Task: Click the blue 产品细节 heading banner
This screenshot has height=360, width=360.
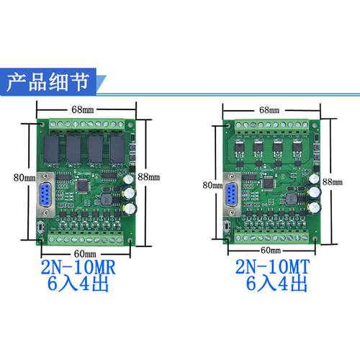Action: click(x=52, y=82)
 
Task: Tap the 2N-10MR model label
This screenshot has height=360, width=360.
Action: click(x=78, y=267)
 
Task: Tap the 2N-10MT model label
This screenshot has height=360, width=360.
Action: click(x=272, y=266)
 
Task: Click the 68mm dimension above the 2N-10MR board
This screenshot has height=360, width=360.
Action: click(x=83, y=109)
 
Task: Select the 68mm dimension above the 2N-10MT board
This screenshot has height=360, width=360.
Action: click(x=269, y=110)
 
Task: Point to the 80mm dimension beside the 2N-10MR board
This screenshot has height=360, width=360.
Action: click(x=24, y=178)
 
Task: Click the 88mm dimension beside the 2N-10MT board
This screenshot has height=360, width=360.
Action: click(x=333, y=181)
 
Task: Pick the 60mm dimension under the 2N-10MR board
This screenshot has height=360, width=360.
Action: click(x=85, y=253)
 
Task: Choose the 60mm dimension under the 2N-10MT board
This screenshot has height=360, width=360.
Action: click(x=271, y=251)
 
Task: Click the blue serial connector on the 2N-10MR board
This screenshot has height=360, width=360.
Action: click(x=45, y=194)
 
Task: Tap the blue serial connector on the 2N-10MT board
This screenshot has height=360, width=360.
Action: click(x=232, y=194)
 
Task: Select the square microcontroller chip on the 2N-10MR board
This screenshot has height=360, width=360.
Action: click(x=83, y=186)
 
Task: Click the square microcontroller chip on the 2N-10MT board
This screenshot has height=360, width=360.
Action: click(x=269, y=184)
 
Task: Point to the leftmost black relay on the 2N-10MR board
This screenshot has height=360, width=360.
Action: click(x=51, y=149)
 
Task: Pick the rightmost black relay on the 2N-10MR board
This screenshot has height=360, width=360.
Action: click(x=117, y=149)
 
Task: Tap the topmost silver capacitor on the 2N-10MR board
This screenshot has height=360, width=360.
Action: click(x=129, y=179)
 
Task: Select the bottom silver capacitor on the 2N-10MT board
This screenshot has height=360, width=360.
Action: click(x=315, y=207)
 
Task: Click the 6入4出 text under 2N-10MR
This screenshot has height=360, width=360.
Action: click(x=78, y=284)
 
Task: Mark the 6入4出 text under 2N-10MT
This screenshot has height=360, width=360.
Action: click(x=276, y=284)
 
